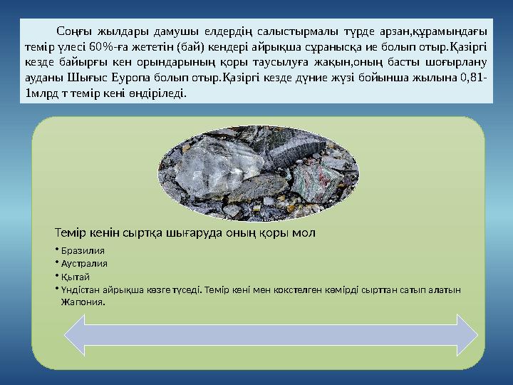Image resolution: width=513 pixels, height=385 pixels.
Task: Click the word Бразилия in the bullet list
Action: [83, 251]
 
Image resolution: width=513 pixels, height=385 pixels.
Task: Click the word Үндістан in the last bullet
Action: [81, 289]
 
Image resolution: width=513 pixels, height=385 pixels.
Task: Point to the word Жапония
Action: [83, 302]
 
